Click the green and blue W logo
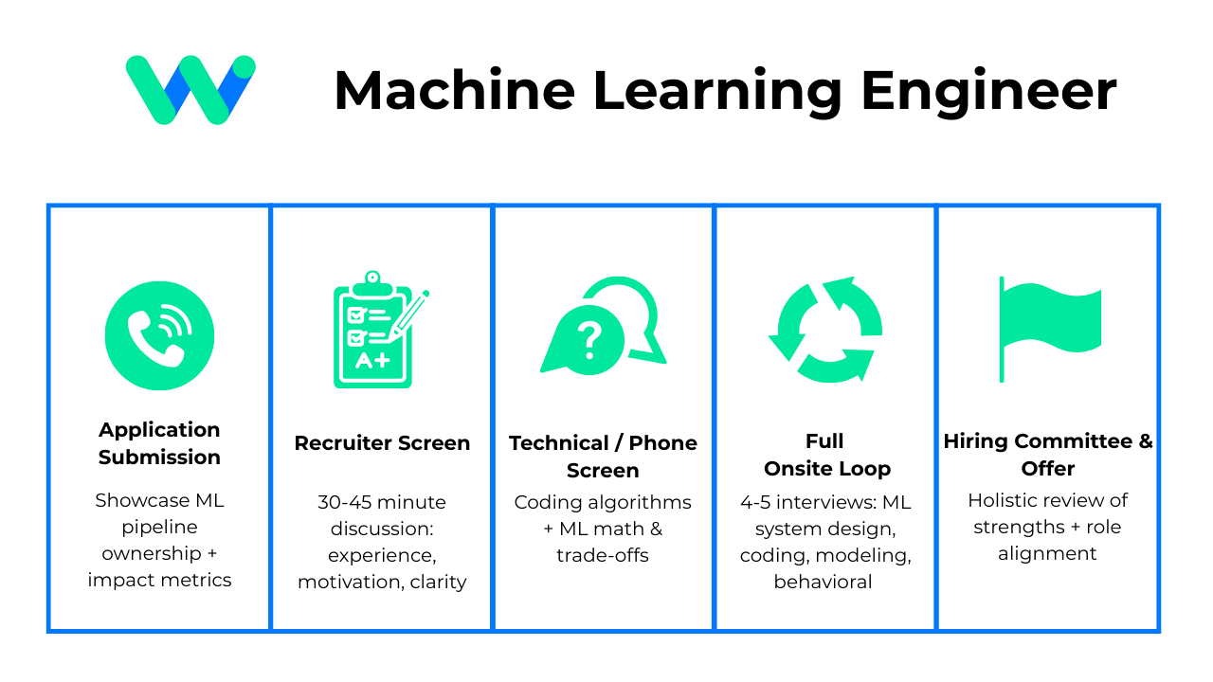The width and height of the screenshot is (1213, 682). coord(190,90)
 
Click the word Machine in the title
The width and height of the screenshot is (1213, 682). coord(454,91)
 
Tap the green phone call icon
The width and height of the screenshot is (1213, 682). coord(159,335)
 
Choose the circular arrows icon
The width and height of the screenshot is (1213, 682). coord(824,329)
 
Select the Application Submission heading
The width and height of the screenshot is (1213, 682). coord(159,442)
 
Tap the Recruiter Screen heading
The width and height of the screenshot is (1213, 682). coord(382,442)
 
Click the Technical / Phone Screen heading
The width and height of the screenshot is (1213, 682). coord(603,456)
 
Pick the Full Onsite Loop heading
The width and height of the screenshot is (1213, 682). coord(826,455)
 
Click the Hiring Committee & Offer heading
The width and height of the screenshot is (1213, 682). coord(1048,455)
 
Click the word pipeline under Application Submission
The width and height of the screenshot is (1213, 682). coord(159,527)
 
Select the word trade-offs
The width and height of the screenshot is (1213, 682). coord(603,555)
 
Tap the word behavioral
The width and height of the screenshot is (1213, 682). coord(823,582)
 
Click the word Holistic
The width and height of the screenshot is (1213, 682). coord(1005,500)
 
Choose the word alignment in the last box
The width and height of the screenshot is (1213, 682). coord(1047,553)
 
